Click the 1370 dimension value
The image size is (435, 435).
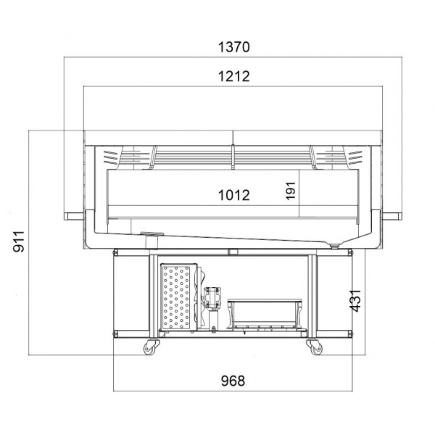point(234,47)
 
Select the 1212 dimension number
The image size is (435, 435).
point(234,76)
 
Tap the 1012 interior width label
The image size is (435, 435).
point(234,195)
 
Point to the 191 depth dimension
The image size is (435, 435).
point(291,191)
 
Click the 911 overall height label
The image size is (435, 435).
point(19,241)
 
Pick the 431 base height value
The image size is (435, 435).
point(355,301)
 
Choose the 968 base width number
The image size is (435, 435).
point(233,381)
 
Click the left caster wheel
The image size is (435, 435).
point(150,347)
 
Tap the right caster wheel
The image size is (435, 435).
point(315,347)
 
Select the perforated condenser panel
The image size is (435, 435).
point(176,297)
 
